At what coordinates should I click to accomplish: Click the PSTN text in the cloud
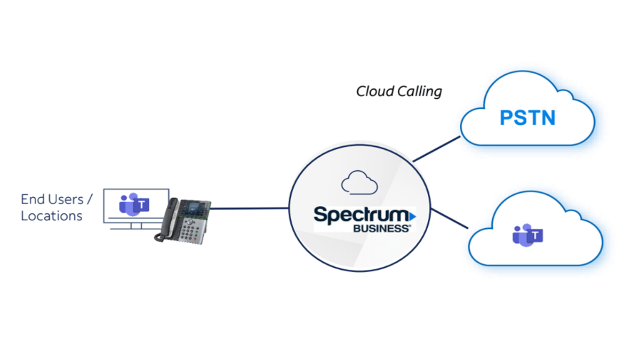pyautogui.click(x=527, y=118)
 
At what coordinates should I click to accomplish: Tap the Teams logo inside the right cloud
pyautogui.click(x=527, y=235)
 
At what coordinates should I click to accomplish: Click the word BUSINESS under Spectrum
pyautogui.click(x=382, y=228)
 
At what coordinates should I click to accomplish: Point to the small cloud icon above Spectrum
pyautogui.click(x=359, y=182)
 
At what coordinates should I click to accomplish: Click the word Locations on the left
pyautogui.click(x=52, y=216)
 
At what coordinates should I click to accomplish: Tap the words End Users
pyautogui.click(x=52, y=199)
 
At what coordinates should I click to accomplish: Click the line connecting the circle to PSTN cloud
pyautogui.click(x=436, y=148)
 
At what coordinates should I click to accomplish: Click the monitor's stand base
pyautogui.click(x=133, y=228)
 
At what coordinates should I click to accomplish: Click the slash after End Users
pyautogui.click(x=90, y=199)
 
